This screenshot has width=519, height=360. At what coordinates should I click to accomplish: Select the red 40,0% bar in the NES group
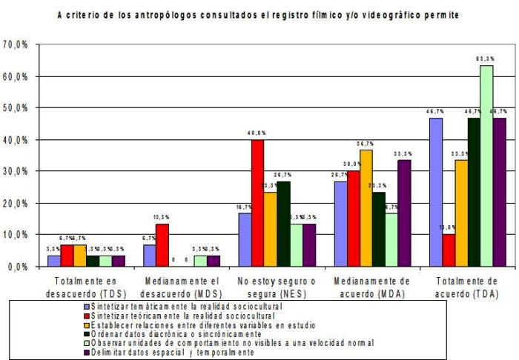pos(257,202)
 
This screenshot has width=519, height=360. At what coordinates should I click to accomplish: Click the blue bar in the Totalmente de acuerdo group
pos(436,192)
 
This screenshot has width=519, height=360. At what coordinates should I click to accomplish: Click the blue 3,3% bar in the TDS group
pos(53,261)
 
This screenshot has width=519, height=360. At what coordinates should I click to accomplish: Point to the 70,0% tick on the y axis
pos(16,44)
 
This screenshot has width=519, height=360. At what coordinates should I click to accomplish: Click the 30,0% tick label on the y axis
pos(16,171)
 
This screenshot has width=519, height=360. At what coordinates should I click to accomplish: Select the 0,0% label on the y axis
pos(18,266)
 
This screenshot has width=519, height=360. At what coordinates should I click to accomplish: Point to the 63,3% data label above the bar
pos(486,58)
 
